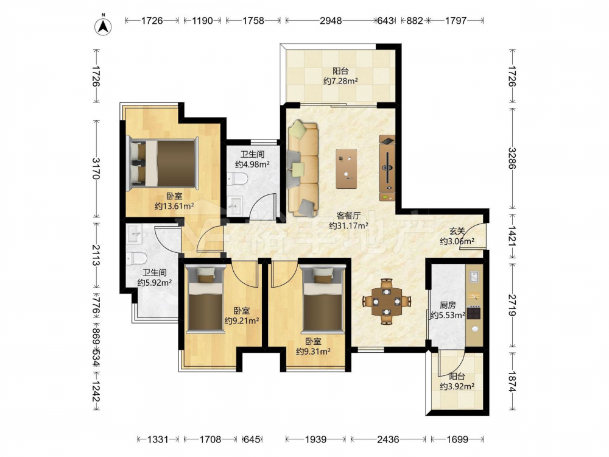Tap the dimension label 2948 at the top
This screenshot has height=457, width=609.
(331, 21)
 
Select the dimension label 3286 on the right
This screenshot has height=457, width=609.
(512, 158)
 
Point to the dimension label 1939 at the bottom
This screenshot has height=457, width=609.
(315, 439)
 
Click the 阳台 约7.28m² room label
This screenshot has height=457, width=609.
(340, 76)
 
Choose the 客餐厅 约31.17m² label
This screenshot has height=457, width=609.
(348, 221)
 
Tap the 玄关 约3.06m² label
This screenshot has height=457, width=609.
(457, 236)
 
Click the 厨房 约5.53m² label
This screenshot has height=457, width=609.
(448, 310)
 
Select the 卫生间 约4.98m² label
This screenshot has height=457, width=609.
(253, 159)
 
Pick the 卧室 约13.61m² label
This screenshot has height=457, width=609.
(174, 201)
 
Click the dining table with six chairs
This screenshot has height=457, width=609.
(387, 301)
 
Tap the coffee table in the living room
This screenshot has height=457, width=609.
(347, 169)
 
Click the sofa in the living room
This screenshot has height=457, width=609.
(303, 168)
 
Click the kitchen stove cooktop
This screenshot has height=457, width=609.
(474, 313)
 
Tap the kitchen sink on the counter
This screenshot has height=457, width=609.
(474, 276)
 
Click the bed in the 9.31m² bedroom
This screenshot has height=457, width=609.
(322, 299)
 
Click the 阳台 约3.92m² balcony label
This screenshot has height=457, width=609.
(457, 381)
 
